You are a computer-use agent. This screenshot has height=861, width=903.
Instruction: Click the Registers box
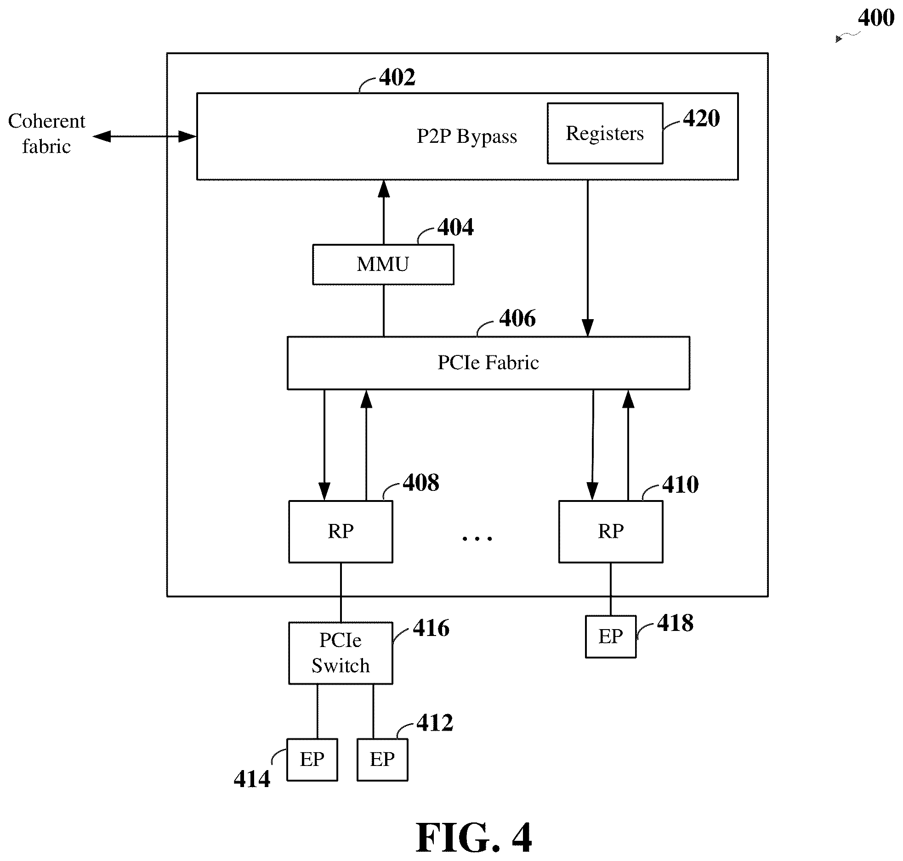pyautogui.click(x=605, y=133)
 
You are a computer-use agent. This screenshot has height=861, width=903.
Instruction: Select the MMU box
pyautogui.click(x=383, y=264)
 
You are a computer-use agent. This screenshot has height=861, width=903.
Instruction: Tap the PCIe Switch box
pyautogui.click(x=341, y=653)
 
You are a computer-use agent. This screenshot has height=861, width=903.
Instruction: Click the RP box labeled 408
pyautogui.click(x=341, y=531)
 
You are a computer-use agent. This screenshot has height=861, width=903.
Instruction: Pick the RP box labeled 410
pyautogui.click(x=611, y=531)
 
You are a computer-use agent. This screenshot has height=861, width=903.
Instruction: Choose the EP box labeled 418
pyautogui.click(x=611, y=636)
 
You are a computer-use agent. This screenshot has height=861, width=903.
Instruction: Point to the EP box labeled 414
pyautogui.click(x=312, y=760)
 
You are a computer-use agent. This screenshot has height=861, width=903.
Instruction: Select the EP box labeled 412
pyautogui.click(x=382, y=760)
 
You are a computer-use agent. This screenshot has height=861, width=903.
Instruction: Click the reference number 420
pyautogui.click(x=701, y=118)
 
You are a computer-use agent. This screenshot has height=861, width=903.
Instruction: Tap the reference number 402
pyautogui.click(x=398, y=77)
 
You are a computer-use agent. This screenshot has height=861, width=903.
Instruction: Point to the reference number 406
pyautogui.click(x=517, y=318)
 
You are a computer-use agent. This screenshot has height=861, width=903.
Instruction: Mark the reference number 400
pyautogui.click(x=876, y=18)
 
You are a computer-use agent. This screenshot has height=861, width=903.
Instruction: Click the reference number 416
pyautogui.click(x=431, y=628)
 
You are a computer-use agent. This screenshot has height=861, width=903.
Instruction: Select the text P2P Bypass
pyautogui.click(x=467, y=136)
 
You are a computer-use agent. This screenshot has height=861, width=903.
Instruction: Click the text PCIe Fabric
pyautogui.click(x=488, y=362)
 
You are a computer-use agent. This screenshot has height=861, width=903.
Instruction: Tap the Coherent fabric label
pyautogui.click(x=46, y=134)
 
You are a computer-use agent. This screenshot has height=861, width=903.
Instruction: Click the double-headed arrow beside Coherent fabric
pyautogui.click(x=145, y=136)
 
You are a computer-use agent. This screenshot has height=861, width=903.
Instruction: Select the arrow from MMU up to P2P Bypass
pyautogui.click(x=384, y=212)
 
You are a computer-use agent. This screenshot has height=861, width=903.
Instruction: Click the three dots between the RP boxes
pyautogui.click(x=477, y=538)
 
